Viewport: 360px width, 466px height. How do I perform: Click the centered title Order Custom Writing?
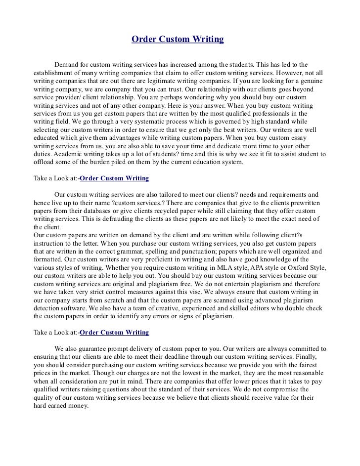click(x=178, y=39)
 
